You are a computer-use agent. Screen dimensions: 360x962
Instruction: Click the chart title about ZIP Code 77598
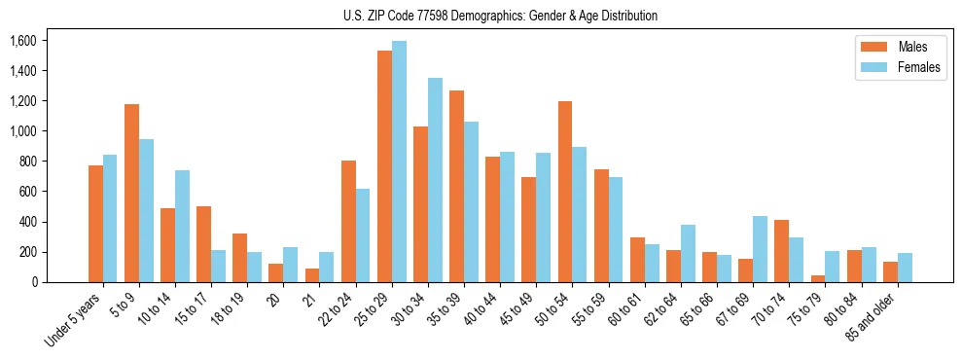pos(500,16)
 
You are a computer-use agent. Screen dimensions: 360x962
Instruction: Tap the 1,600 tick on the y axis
pos(21,41)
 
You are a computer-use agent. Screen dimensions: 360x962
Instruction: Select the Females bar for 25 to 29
pos(399,162)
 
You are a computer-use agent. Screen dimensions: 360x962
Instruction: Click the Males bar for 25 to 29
pos(384,166)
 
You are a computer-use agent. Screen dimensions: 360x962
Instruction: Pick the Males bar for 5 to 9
pos(131,193)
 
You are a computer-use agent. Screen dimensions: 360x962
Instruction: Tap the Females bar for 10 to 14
pos(182,226)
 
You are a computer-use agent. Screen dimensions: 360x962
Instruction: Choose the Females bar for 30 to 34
pos(435,180)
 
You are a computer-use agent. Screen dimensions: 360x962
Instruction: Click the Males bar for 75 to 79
pos(817,278)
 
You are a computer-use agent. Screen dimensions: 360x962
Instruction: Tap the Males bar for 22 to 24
pos(348,221)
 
